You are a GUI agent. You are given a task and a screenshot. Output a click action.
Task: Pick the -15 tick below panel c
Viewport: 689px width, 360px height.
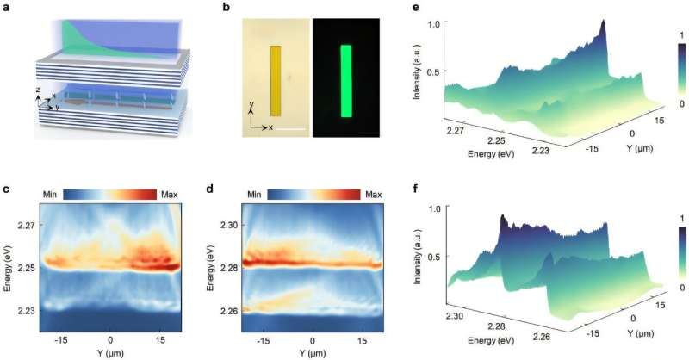[62, 341]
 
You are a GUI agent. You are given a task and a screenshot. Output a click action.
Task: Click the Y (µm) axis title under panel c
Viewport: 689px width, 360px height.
[110, 352]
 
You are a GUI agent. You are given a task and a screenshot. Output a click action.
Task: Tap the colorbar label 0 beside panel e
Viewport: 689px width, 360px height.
[680, 102]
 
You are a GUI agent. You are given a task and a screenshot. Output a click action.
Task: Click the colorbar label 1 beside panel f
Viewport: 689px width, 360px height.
[680, 216]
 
